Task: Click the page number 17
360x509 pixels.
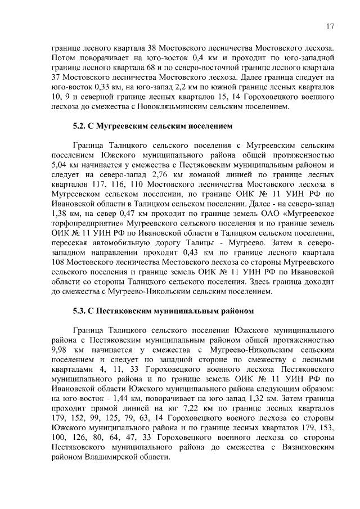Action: click(x=330, y=26)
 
